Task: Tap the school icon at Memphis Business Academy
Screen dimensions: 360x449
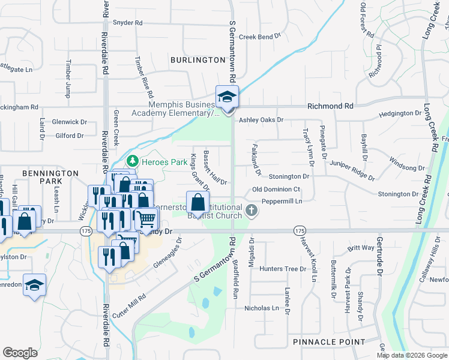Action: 228,97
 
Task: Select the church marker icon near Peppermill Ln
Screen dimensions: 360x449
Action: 252,210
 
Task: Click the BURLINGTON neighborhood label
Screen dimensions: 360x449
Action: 197,60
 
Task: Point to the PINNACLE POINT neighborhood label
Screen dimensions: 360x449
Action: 329,342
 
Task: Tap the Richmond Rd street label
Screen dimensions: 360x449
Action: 330,106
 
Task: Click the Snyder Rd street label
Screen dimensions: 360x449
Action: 127,23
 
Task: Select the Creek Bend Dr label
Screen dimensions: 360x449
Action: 260,37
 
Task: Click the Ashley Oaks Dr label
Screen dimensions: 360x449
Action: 261,120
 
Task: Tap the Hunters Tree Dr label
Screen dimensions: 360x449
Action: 283,269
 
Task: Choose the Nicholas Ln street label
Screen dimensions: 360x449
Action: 262,308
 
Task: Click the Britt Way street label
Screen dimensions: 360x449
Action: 361,248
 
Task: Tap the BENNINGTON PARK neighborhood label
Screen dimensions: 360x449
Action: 51,176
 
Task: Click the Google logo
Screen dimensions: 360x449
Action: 20,353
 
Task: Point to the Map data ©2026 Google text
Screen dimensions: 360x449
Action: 411,355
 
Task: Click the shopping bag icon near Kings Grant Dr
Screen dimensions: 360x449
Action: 197,202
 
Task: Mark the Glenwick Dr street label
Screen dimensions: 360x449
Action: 70,122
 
